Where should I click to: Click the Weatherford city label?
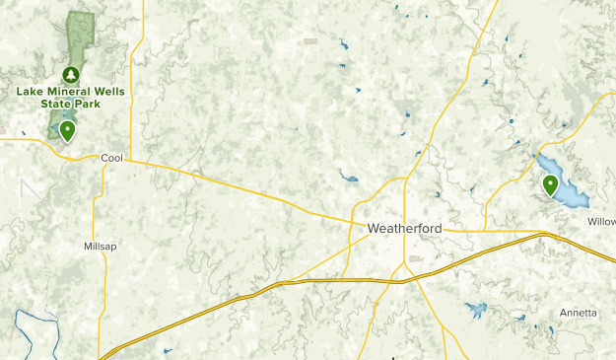pos(404,228)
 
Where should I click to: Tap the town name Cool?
pos(110,157)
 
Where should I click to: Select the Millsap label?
pos(100,246)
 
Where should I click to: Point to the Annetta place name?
pos(578,313)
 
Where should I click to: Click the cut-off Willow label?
pos(600,222)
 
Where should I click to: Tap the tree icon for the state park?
pos(70,74)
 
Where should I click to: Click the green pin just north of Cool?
pos(67,130)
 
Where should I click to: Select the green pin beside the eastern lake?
pos(550,183)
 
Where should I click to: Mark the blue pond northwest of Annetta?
pos(476,310)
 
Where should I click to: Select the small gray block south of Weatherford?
pos(415,258)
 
